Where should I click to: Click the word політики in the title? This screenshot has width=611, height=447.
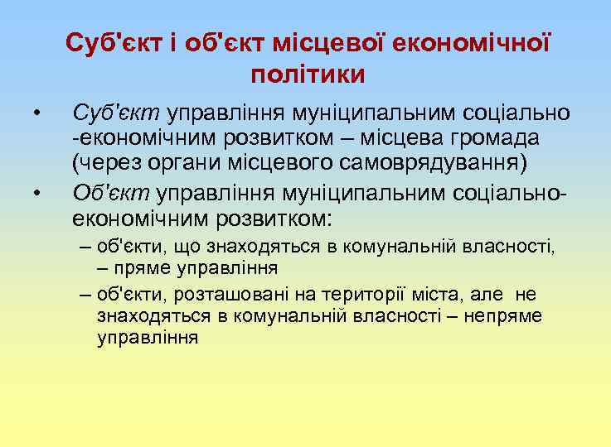(307, 74)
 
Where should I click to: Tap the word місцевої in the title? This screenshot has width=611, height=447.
(334, 41)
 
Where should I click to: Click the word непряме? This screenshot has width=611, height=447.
(503, 316)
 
